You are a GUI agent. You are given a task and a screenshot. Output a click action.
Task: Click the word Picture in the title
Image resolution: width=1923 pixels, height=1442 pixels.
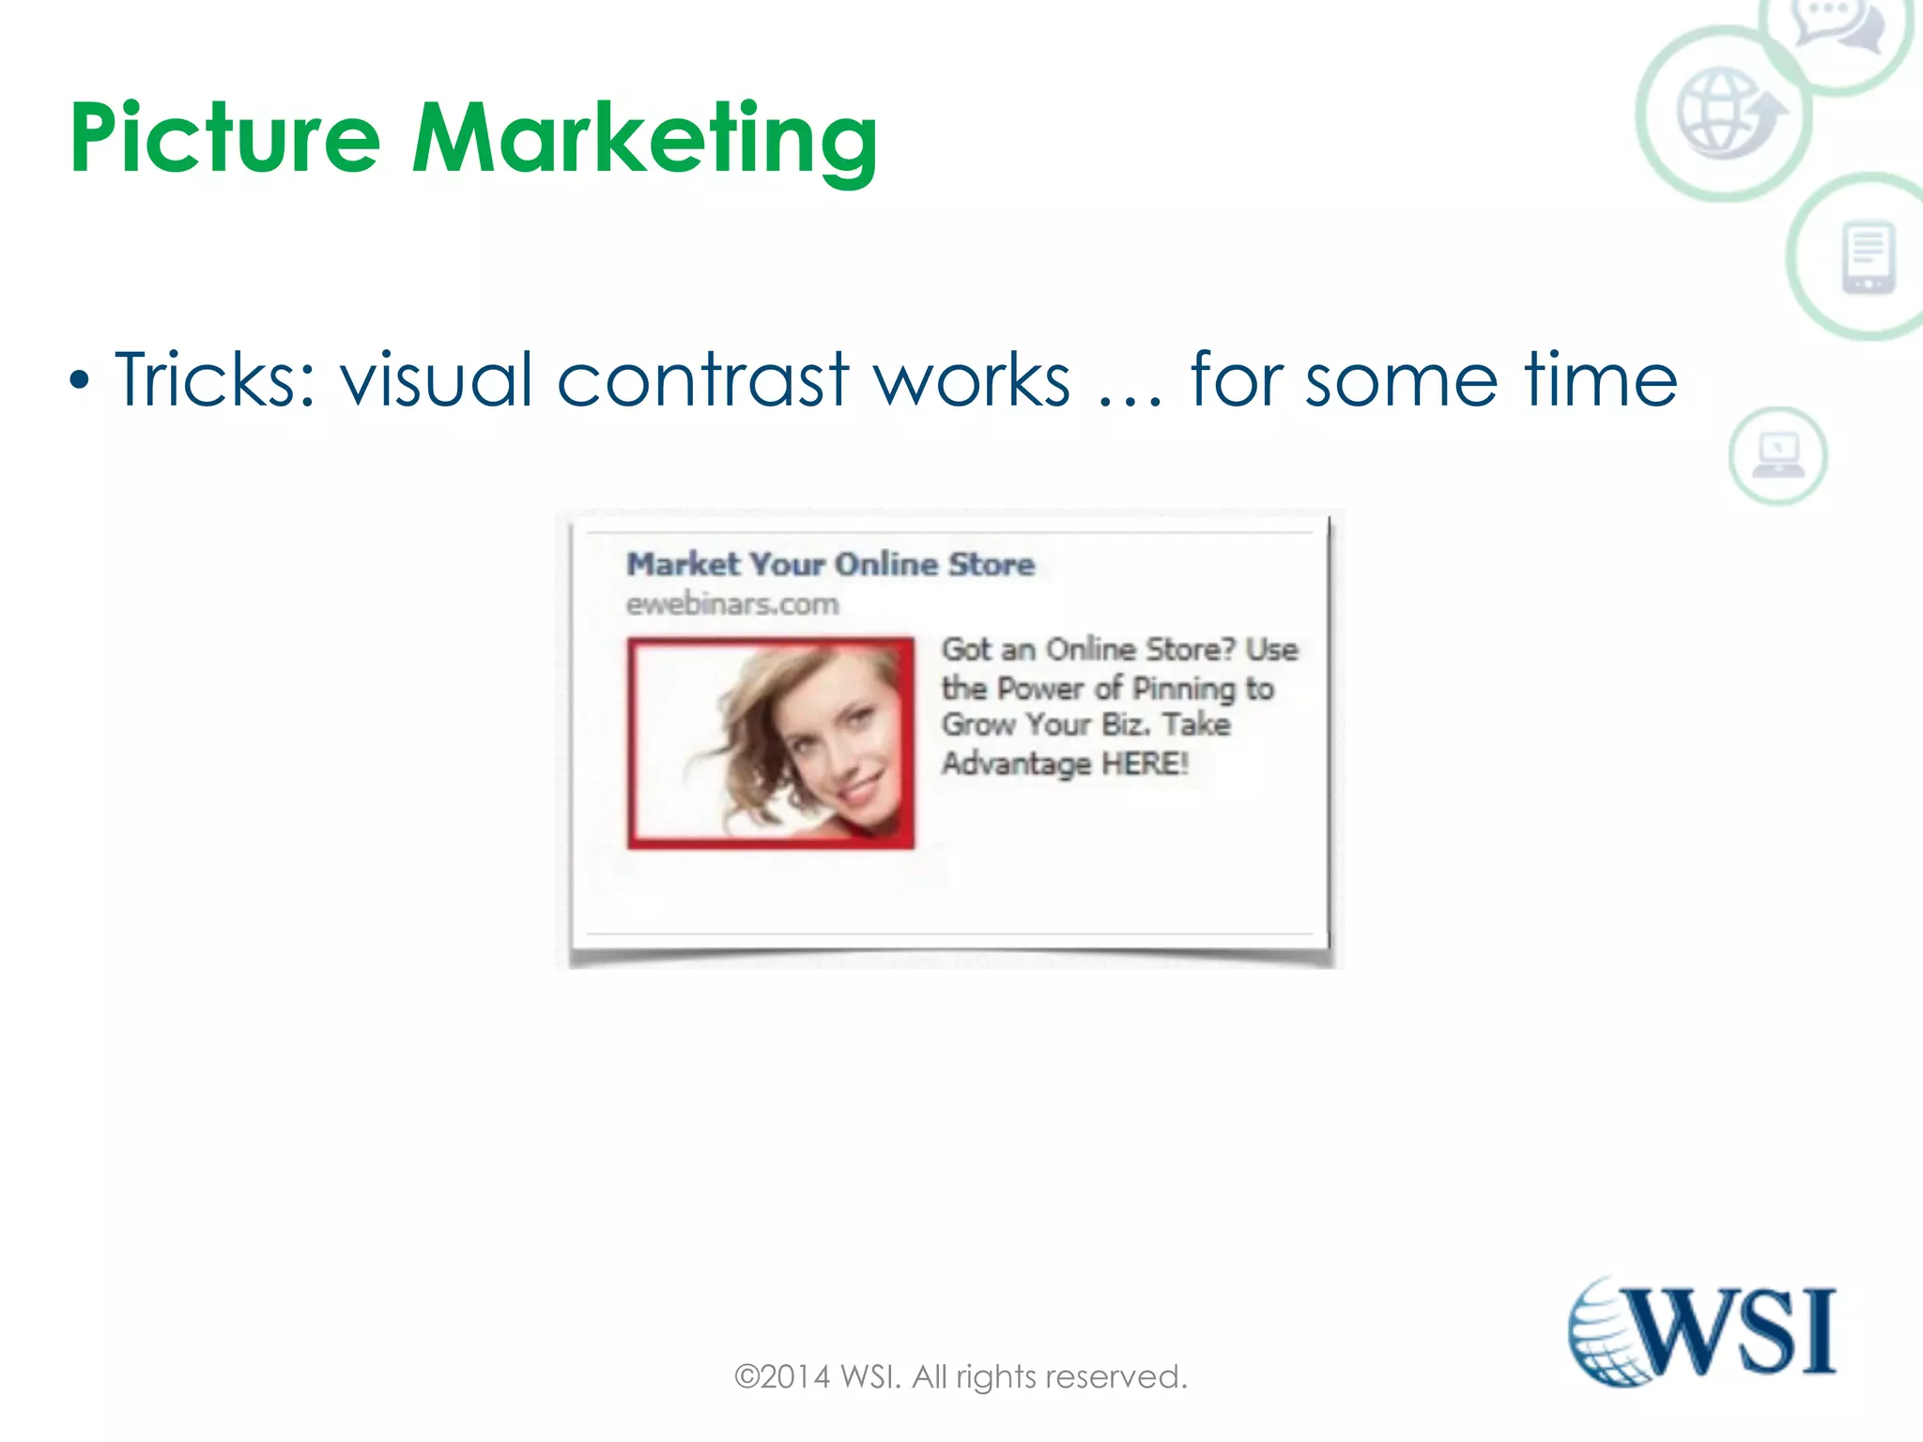(x=225, y=139)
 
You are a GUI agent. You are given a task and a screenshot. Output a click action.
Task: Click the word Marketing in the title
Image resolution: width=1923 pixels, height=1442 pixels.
(x=645, y=141)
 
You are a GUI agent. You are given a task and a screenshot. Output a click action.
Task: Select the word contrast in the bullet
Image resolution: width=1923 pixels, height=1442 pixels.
(x=703, y=379)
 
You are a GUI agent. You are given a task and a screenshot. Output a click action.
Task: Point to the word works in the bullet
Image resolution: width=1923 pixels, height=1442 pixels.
(x=972, y=379)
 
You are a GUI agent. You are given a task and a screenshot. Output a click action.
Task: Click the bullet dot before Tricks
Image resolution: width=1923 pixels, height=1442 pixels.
(x=81, y=381)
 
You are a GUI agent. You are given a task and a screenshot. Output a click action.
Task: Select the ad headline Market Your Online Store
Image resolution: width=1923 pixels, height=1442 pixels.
(x=830, y=563)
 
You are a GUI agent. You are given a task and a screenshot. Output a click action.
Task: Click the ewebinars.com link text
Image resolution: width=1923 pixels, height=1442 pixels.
(x=732, y=604)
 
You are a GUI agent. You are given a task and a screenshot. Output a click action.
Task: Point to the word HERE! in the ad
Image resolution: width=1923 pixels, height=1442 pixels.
(x=1145, y=762)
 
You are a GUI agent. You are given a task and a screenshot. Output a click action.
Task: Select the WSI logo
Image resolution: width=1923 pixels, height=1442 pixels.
(x=1702, y=1331)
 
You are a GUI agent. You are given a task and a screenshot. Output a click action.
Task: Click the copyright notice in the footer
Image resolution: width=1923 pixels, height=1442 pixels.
(x=961, y=1376)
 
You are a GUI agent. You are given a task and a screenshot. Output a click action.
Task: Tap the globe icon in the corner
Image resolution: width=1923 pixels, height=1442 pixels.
(x=1726, y=113)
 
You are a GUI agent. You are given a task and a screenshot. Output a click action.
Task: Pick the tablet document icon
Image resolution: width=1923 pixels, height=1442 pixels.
(x=1868, y=256)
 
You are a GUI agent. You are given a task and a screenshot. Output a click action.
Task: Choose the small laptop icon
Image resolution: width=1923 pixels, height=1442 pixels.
(x=1777, y=456)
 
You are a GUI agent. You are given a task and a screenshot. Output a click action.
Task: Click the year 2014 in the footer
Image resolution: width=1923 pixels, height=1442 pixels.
(x=795, y=1376)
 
